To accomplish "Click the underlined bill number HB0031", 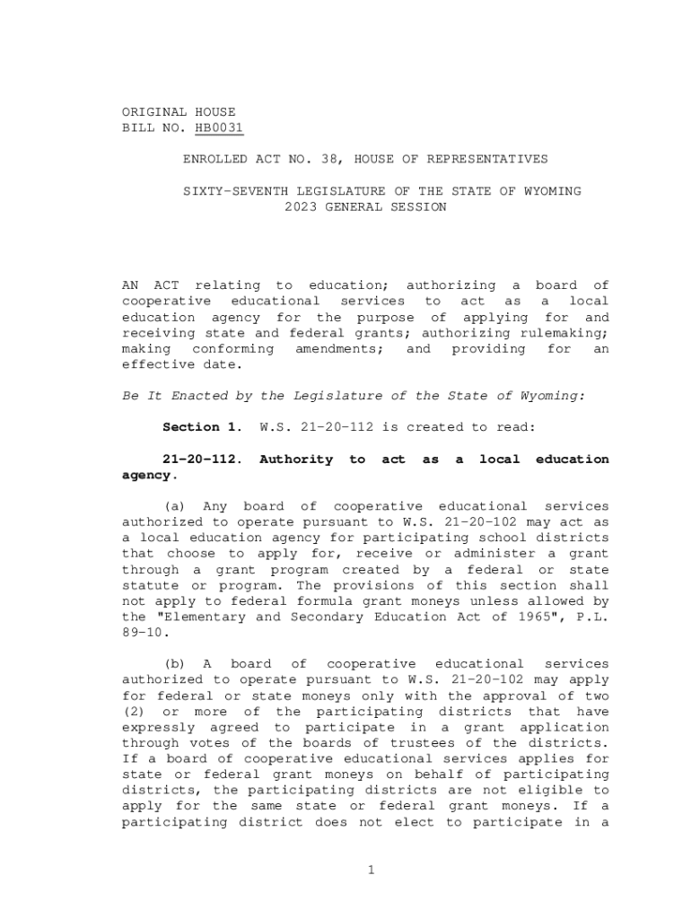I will pyautogui.click(x=219, y=128).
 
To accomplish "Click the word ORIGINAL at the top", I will pyautogui.click(x=154, y=112).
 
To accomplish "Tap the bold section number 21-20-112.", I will pyautogui.click(x=202, y=459).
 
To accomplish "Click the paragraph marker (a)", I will pyautogui.click(x=173, y=507).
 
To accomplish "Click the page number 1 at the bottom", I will pyautogui.click(x=370, y=869).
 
